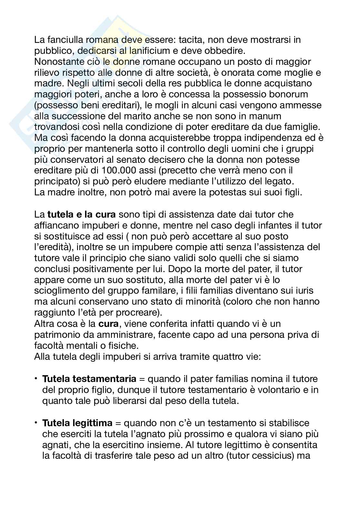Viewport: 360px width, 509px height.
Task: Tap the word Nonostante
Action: click(x=61, y=62)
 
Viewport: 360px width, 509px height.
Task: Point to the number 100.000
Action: click(x=119, y=170)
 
